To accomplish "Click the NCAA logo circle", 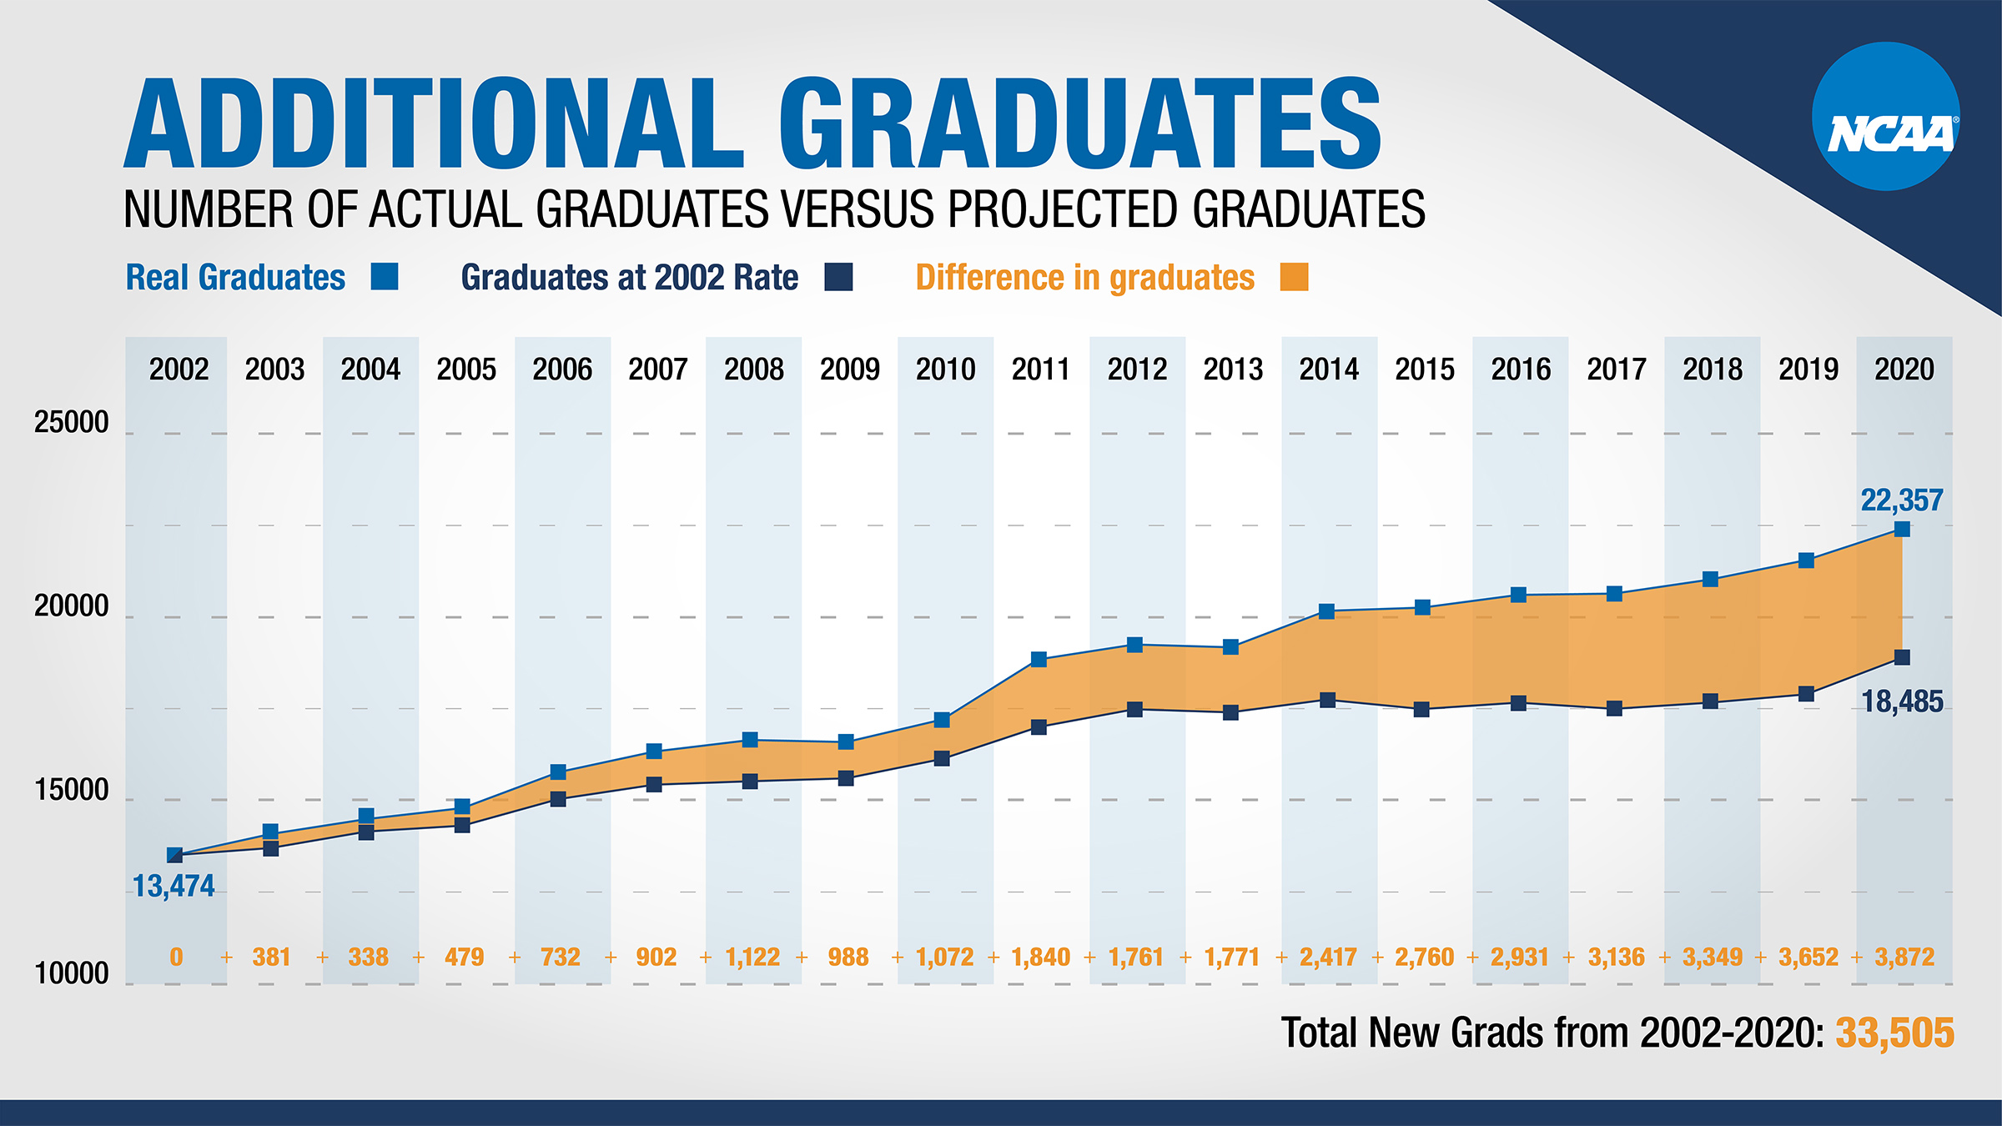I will [x=1885, y=117].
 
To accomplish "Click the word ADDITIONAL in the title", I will [x=434, y=125].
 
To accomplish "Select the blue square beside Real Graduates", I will [x=385, y=276].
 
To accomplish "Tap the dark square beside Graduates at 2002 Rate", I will [x=838, y=277].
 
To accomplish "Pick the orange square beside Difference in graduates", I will [x=1294, y=277].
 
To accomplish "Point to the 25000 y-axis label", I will [x=72, y=423].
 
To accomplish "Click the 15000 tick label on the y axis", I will [x=72, y=790].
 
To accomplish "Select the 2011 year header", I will [x=1041, y=369].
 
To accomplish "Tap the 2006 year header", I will [x=562, y=369].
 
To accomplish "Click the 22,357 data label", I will [x=1902, y=500].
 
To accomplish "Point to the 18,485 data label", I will [x=1902, y=702].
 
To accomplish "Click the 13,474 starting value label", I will [x=174, y=886].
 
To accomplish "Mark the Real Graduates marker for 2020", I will [x=1902, y=529].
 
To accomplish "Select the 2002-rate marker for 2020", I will [x=1902, y=657].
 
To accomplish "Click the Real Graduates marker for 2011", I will [x=1039, y=659].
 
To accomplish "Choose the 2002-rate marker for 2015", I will [x=1422, y=710].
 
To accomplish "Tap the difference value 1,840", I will [x=1041, y=957].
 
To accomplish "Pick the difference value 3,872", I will [x=1904, y=957].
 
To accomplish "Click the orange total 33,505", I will [x=1895, y=1033].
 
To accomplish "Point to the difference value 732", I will [x=561, y=957].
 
